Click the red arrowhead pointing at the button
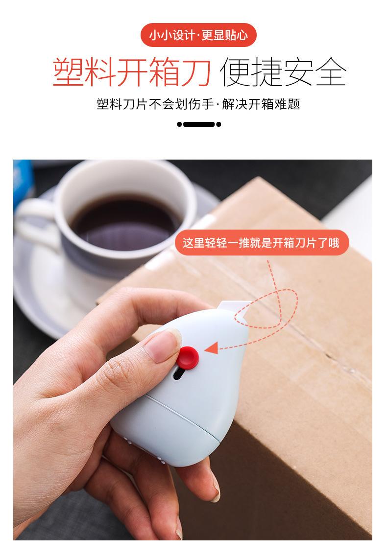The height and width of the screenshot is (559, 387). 212,348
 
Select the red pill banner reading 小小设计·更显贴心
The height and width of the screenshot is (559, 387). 198,35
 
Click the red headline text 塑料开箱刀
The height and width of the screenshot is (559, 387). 132,72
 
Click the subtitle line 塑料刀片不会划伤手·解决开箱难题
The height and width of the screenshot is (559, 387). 198,104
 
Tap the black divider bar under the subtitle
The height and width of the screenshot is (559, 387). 198,124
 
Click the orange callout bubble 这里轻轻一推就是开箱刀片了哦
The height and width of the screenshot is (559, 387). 261,243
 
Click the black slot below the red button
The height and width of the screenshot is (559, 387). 179,375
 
